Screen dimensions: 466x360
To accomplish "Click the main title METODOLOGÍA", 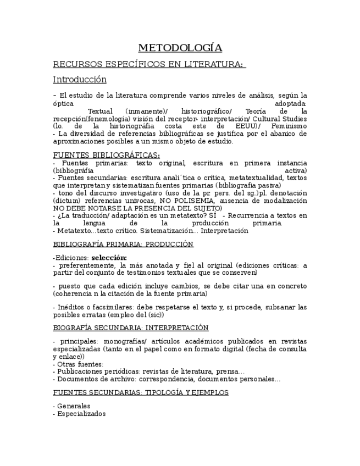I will pos(180,47).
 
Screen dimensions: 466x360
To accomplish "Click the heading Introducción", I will pos(80,79).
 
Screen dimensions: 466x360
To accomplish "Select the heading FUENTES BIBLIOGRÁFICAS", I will pos(106,155).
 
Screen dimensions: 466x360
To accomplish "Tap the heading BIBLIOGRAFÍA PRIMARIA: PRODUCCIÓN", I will pos(123,244).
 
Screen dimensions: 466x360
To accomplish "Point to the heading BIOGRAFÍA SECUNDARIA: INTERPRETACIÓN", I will pos(131,328).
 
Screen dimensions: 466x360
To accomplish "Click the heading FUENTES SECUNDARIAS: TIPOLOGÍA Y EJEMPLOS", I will pos(141,392).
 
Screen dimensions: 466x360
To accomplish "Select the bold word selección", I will pos(109,257).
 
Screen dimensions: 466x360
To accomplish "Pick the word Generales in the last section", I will pos(74,406).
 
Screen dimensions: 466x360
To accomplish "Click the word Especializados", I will pos(81,414).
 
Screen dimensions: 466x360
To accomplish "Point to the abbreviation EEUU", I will pos(240,126).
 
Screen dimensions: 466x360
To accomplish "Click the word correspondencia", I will pos(167,379).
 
